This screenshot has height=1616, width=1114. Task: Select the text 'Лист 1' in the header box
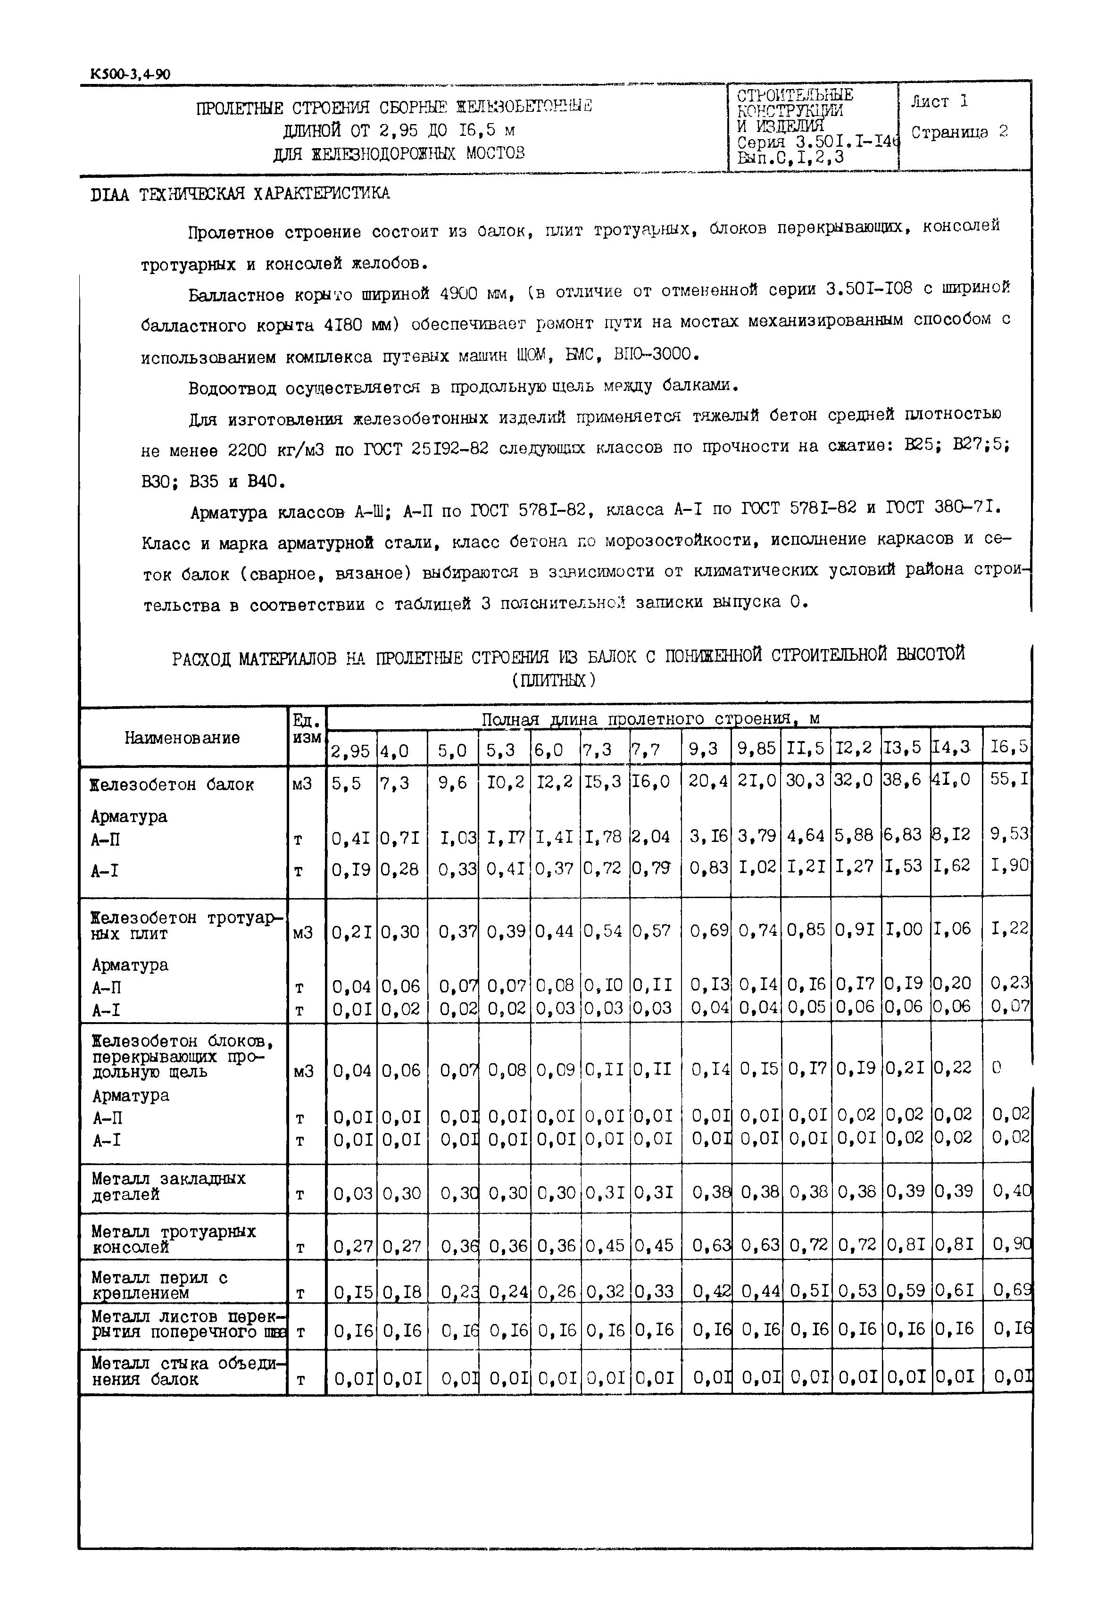point(939,102)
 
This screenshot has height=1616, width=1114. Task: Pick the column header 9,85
point(756,748)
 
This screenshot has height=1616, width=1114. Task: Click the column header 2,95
point(350,750)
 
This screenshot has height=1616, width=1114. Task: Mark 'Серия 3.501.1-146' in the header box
point(817,142)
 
